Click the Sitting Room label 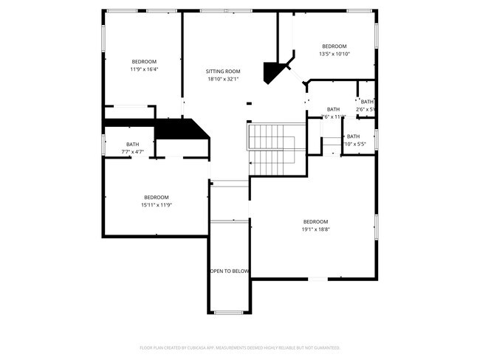pos(222,72)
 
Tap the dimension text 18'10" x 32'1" pos(222,79)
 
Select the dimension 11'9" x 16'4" pos(144,69)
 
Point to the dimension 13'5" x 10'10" pos(334,54)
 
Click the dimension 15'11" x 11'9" pos(156,205)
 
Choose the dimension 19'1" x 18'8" pos(315,229)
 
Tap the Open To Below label pos(230,271)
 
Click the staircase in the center pos(276,149)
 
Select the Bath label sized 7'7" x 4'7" pos(132,145)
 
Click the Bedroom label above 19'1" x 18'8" pos(315,221)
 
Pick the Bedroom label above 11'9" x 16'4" pos(144,61)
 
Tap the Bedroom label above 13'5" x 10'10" pos(334,46)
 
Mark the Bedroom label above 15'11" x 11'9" pos(156,197)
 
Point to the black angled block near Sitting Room pos(275,72)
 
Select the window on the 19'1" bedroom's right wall pos(377,229)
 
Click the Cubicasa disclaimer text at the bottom pos(240,347)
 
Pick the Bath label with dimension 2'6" pos(367,103)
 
